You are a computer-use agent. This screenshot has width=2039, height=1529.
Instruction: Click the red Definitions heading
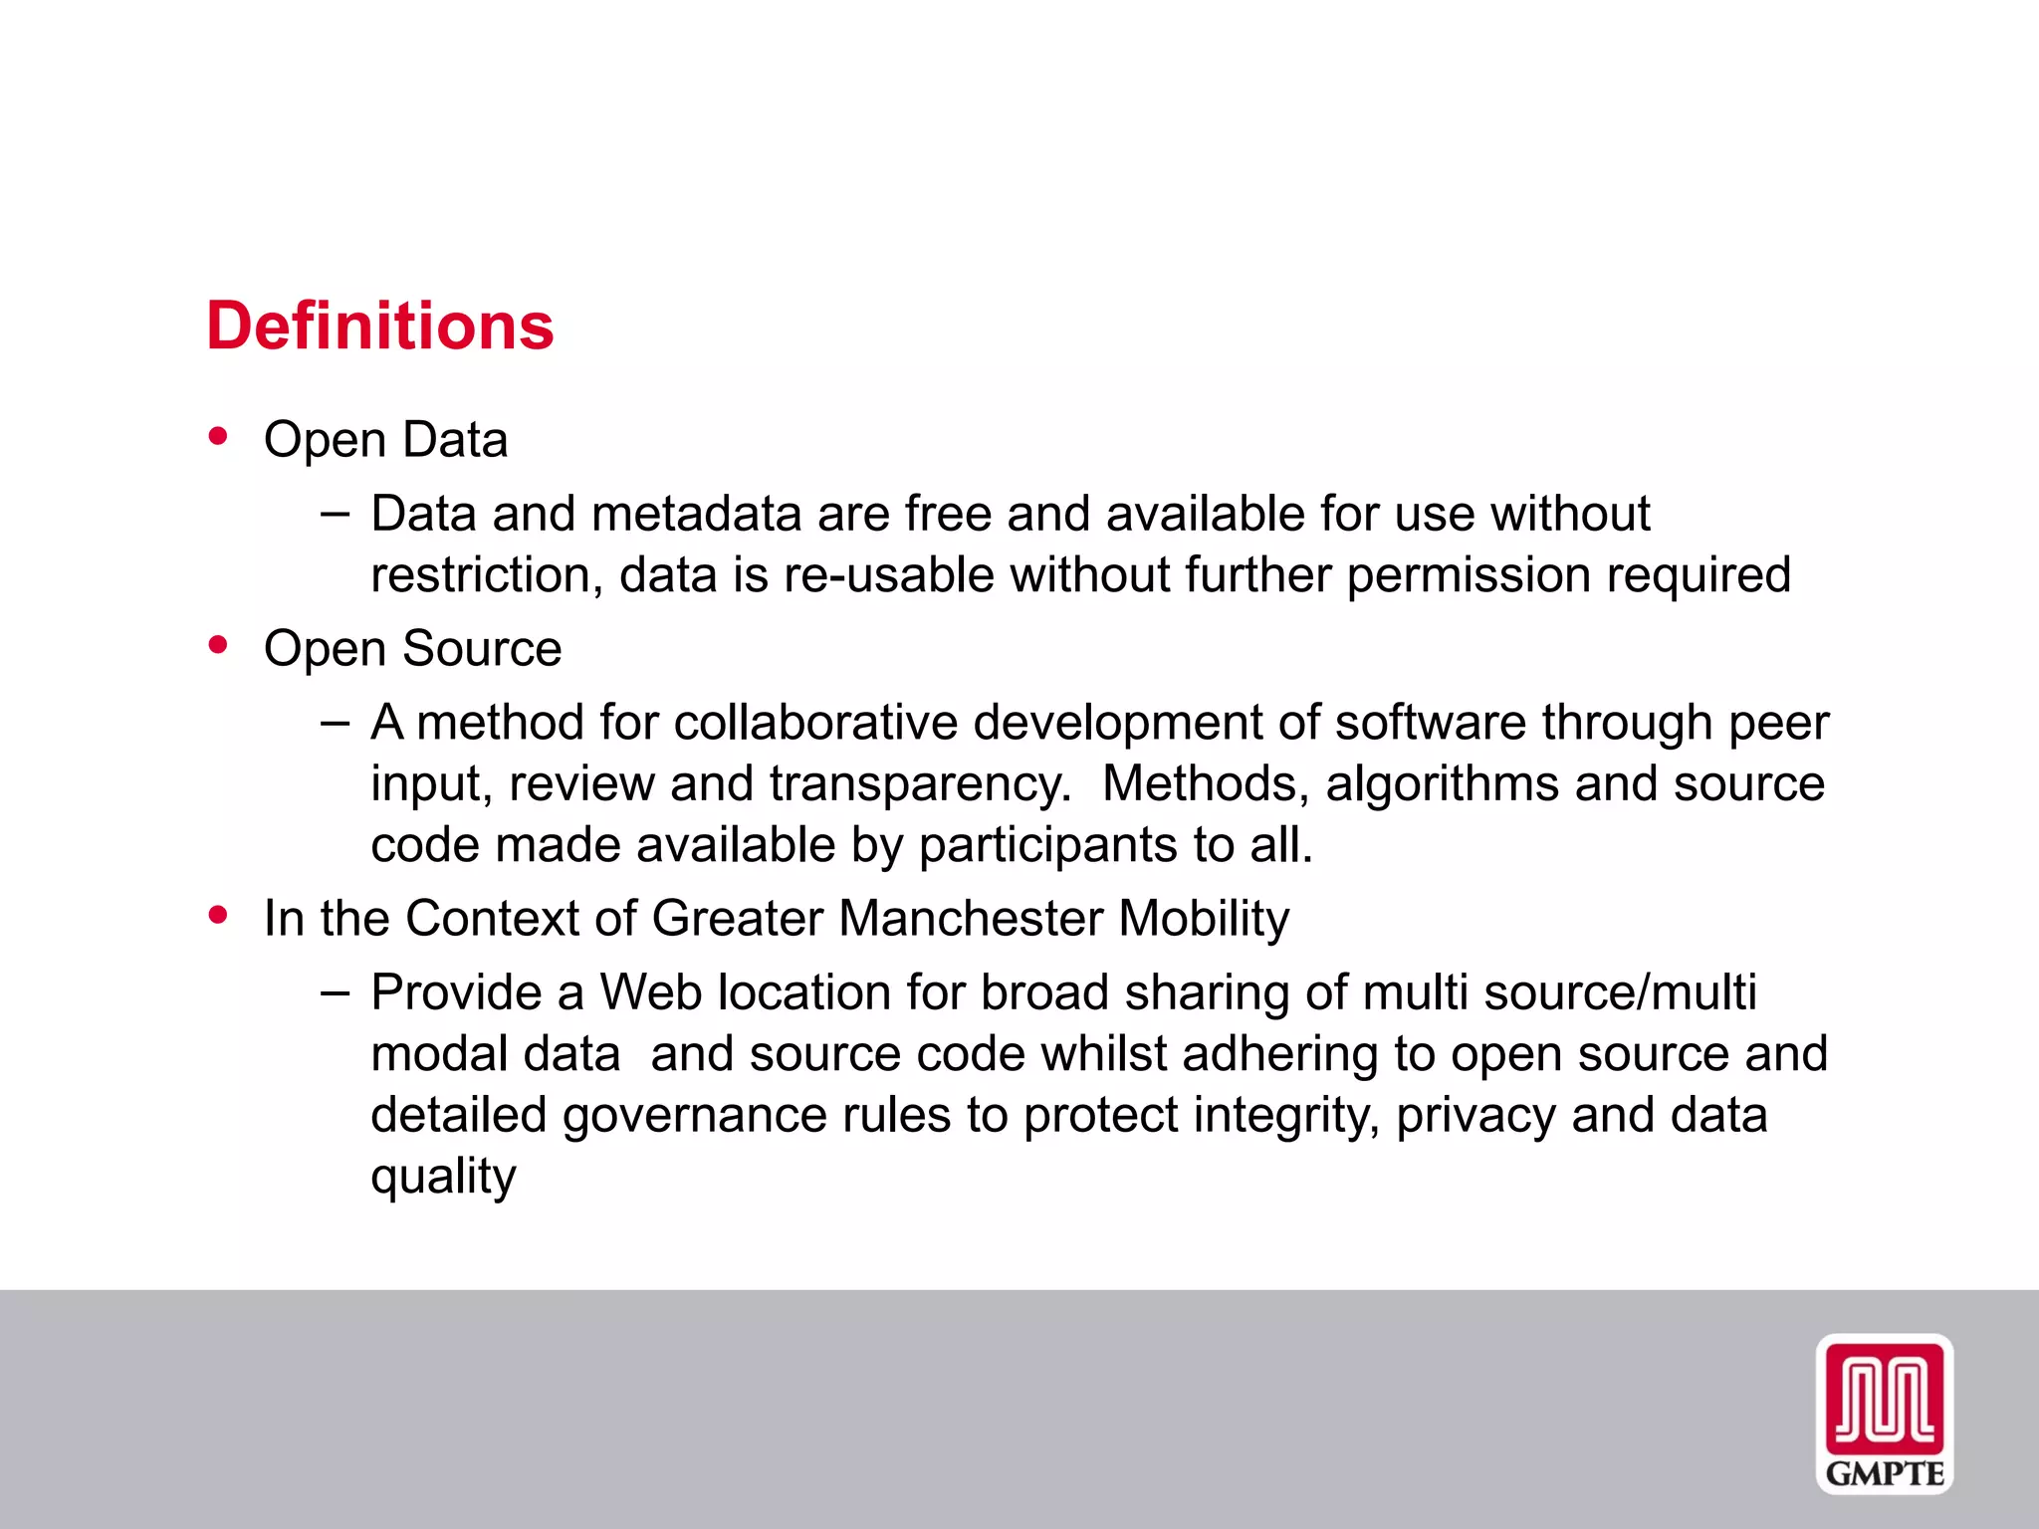click(379, 327)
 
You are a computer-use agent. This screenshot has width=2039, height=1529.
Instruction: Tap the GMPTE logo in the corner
click(1884, 1414)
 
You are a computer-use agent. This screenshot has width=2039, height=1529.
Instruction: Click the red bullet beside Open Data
click(218, 436)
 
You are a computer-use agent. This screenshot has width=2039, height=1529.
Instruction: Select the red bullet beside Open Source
click(218, 645)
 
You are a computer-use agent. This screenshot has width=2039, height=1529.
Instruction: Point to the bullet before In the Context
click(218, 914)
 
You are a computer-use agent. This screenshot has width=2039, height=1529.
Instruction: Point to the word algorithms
click(1442, 784)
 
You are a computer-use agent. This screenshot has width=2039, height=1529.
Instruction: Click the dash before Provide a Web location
click(336, 991)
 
